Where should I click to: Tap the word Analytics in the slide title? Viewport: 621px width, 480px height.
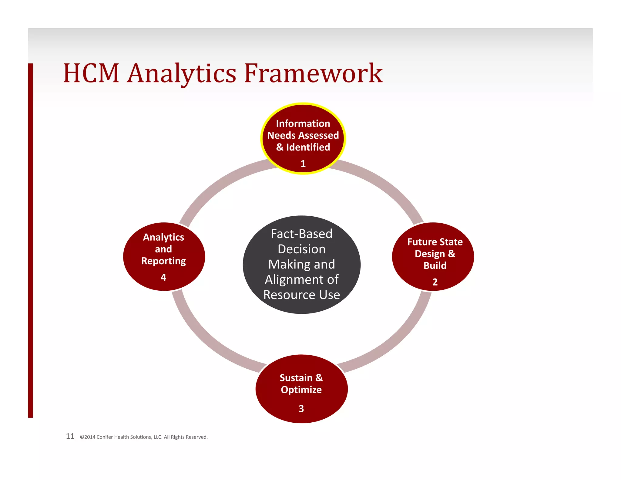(181, 74)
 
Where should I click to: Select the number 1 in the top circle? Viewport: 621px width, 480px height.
(303, 164)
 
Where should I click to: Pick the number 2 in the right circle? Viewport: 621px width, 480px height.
(435, 282)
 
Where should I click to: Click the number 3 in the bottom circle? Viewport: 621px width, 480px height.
(301, 409)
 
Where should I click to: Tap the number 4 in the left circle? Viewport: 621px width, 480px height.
(163, 277)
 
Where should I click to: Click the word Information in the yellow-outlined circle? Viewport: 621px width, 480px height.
(303, 123)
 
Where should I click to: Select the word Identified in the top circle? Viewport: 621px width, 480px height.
(308, 147)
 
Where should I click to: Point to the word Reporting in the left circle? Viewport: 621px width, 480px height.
(163, 261)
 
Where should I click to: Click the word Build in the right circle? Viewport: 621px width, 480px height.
(435, 265)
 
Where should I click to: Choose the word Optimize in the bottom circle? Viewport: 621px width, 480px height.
(301, 390)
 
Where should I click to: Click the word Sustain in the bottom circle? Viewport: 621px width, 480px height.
(296, 378)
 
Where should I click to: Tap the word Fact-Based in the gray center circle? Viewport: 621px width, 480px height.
(301, 234)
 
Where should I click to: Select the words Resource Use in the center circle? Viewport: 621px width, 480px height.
(301, 295)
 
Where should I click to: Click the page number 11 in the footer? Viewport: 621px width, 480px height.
(70, 436)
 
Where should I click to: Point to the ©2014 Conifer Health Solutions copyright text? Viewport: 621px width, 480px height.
(144, 437)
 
